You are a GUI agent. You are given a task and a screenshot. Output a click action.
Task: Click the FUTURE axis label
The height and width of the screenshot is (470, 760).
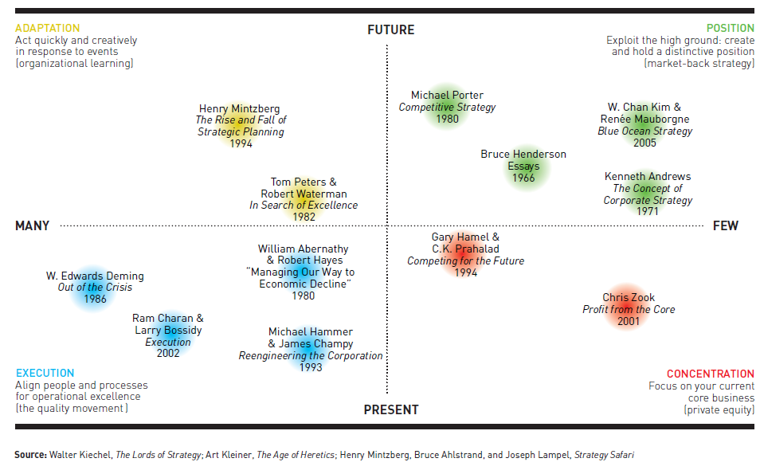(x=390, y=30)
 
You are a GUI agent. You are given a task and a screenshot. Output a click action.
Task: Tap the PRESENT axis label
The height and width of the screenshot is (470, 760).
(x=390, y=409)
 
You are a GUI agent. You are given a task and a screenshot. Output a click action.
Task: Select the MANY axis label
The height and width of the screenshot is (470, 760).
(x=32, y=226)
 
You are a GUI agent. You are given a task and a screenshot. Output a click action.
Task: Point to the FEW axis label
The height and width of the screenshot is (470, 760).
(x=725, y=226)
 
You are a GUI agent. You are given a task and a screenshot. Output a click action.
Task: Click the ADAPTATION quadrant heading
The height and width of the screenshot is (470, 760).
(x=49, y=29)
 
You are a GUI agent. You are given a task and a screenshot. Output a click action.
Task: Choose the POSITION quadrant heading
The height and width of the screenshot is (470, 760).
(x=730, y=29)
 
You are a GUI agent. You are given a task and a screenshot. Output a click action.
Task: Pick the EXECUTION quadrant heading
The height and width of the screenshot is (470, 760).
(x=45, y=373)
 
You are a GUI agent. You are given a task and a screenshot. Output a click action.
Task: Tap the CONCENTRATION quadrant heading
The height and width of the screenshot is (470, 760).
(x=710, y=374)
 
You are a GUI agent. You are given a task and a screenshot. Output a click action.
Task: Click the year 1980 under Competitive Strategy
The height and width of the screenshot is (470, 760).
(x=447, y=119)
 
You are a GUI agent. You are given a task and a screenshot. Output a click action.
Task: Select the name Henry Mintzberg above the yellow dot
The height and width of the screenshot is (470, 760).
(x=239, y=109)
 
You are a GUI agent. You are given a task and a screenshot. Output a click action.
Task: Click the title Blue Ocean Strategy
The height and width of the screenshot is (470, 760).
(x=645, y=131)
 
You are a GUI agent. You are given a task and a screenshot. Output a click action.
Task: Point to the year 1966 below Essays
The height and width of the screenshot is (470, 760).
(x=523, y=178)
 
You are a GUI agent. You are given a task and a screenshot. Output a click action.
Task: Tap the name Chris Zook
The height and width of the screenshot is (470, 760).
(x=629, y=298)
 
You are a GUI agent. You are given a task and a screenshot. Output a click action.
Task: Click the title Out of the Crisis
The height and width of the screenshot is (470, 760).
(x=95, y=288)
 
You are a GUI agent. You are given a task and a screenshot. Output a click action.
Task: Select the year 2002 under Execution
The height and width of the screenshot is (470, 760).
(x=168, y=354)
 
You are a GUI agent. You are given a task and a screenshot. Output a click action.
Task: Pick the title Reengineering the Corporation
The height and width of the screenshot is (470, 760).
(x=311, y=356)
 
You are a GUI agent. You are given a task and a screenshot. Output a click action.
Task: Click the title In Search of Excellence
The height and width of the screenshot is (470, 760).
(x=304, y=206)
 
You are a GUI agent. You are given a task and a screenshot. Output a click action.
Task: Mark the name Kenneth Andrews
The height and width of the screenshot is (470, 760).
(x=648, y=177)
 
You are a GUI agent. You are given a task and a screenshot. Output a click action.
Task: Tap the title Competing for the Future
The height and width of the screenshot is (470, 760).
(x=466, y=261)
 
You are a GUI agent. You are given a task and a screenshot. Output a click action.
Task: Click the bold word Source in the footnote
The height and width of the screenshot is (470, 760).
(x=30, y=455)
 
